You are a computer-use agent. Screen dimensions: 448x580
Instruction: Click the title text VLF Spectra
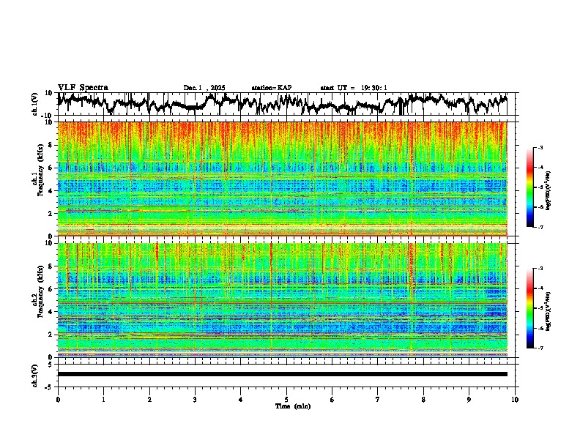coord(83,87)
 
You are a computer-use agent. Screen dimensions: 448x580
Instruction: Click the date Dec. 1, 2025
coord(206,88)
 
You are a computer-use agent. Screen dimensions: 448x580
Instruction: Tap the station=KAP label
coord(271,88)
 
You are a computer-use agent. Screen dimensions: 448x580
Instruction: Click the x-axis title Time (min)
coord(286,406)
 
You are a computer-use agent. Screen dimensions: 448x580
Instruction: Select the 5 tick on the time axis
coord(286,398)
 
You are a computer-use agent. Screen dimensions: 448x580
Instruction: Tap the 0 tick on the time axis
coord(58,398)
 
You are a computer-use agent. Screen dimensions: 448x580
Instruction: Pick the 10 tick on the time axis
coord(515,398)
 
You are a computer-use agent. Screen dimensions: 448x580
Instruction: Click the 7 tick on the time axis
coord(378,398)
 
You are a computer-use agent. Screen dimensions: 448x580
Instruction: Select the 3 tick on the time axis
coord(195,398)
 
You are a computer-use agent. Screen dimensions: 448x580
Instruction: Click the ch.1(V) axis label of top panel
coord(35,104)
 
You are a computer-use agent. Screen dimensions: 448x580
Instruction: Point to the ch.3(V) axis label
coord(35,374)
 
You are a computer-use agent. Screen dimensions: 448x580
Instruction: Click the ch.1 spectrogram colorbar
coord(529,188)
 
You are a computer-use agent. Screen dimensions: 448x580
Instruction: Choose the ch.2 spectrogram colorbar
coord(529,309)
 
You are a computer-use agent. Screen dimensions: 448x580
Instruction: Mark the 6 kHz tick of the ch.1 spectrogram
coord(51,168)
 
